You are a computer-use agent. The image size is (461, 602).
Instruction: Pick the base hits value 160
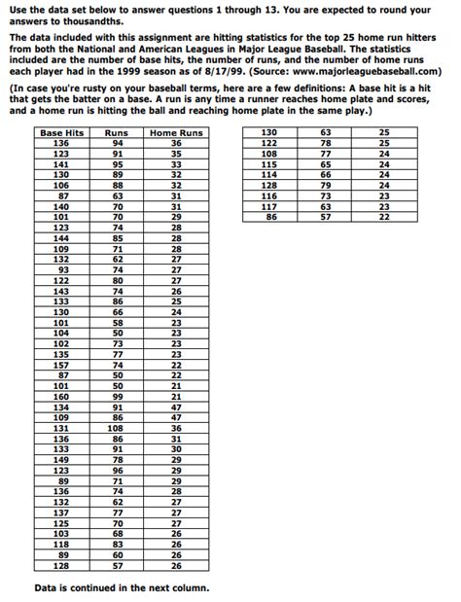tap(62, 397)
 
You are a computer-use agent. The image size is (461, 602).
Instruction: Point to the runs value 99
tap(117, 397)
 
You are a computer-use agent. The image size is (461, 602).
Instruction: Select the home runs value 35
tap(176, 154)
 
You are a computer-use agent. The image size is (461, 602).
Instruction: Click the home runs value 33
tap(176, 164)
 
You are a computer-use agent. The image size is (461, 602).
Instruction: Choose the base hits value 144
tap(62, 237)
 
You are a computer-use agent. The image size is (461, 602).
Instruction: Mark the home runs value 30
tap(176, 449)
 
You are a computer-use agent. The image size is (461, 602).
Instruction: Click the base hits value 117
tap(269, 206)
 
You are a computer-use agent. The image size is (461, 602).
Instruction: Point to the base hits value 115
tap(269, 164)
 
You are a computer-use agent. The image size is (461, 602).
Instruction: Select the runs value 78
tap(326, 143)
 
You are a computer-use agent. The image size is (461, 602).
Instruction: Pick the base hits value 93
tap(62, 269)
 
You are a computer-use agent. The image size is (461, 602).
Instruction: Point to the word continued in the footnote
tap(102, 587)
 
